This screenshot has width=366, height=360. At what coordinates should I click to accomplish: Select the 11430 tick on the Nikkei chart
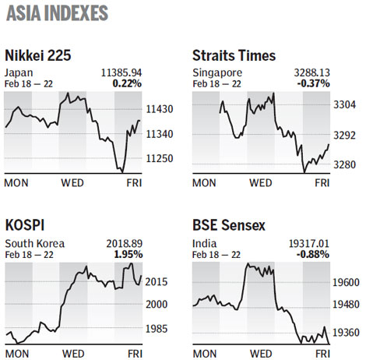tap(160, 111)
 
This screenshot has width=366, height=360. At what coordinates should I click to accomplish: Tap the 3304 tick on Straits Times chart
tap(343, 104)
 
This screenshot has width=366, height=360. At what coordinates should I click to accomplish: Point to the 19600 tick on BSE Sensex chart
tap(346, 284)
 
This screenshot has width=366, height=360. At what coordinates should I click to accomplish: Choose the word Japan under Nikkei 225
tap(19, 71)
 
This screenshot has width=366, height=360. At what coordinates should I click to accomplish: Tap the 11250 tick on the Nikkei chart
tap(160, 158)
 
